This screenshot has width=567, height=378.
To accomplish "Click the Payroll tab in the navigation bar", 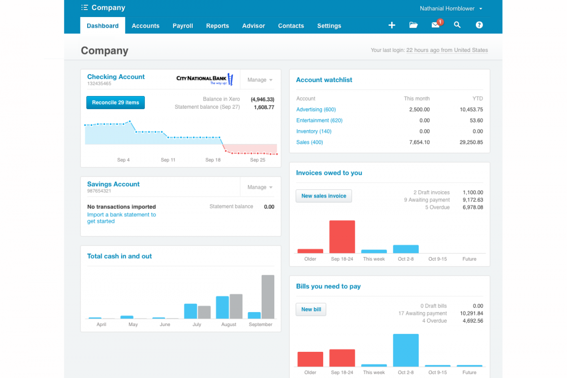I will coord(183,26).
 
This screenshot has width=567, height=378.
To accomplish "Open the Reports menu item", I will coord(217,26).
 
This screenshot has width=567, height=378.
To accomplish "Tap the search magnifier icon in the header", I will coord(457,25).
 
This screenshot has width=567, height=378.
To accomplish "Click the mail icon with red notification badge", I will coord(436,25).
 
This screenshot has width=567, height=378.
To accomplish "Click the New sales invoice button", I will coord(324,196).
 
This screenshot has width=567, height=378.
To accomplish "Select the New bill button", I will coord(311,310).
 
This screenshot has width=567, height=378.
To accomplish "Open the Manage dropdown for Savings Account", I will coord(260,187).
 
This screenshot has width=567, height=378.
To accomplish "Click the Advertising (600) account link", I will coord(316,110).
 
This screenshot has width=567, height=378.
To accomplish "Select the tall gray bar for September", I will coord(268,297).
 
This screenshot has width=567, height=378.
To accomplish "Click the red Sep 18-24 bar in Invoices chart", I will coord(342,237).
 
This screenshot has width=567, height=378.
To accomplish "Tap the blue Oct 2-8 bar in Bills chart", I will coord(406,350).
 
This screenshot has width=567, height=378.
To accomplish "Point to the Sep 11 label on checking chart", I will coord(168,160).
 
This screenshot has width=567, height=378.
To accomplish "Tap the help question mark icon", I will coord(479,25).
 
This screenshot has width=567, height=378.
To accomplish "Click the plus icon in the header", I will coord(392,25).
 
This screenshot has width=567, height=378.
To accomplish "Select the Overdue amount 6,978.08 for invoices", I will coord(472,208).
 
